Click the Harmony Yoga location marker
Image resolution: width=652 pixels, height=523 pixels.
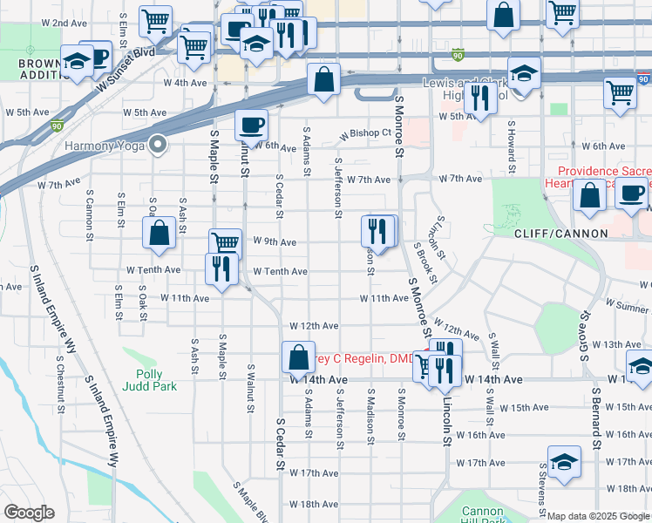(x=158, y=144)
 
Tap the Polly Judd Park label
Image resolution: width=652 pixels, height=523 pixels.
(x=149, y=379)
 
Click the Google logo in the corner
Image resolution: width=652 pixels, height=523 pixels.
(x=29, y=513)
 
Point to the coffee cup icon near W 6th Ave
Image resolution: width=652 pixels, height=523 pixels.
(x=251, y=125)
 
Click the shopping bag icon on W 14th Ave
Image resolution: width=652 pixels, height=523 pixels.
(x=298, y=357)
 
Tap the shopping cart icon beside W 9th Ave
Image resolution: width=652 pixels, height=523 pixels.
(x=225, y=243)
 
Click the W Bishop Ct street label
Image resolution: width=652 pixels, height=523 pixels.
(x=366, y=133)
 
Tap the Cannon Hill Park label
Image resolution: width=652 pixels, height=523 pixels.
(x=482, y=516)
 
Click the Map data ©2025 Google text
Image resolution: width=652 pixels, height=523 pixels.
(x=598, y=516)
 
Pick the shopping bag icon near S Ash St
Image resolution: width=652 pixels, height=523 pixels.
(x=159, y=233)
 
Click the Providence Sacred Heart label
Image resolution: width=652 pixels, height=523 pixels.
(x=602, y=178)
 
